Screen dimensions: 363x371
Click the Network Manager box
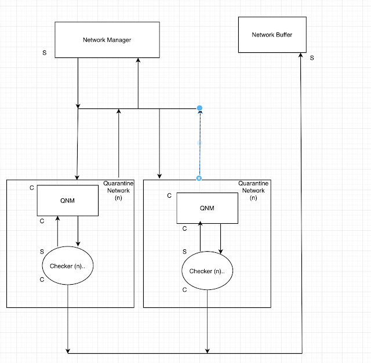(x=107, y=40)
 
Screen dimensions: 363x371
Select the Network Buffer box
(x=271, y=35)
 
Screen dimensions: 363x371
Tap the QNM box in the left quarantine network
(x=68, y=199)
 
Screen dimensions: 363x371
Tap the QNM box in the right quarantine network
(x=208, y=208)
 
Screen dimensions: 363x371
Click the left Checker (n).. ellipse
(x=68, y=266)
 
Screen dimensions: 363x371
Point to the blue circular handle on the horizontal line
(x=199, y=108)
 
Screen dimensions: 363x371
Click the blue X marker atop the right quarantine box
(x=199, y=178)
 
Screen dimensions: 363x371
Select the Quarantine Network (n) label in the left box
(x=118, y=190)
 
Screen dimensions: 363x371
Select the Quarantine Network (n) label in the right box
(x=253, y=190)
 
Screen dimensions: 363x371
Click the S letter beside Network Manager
(x=45, y=53)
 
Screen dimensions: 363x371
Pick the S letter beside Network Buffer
(x=311, y=57)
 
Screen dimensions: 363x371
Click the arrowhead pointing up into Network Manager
(x=138, y=61)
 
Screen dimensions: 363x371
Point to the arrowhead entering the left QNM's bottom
(x=58, y=219)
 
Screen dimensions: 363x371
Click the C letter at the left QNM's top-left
(x=32, y=187)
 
